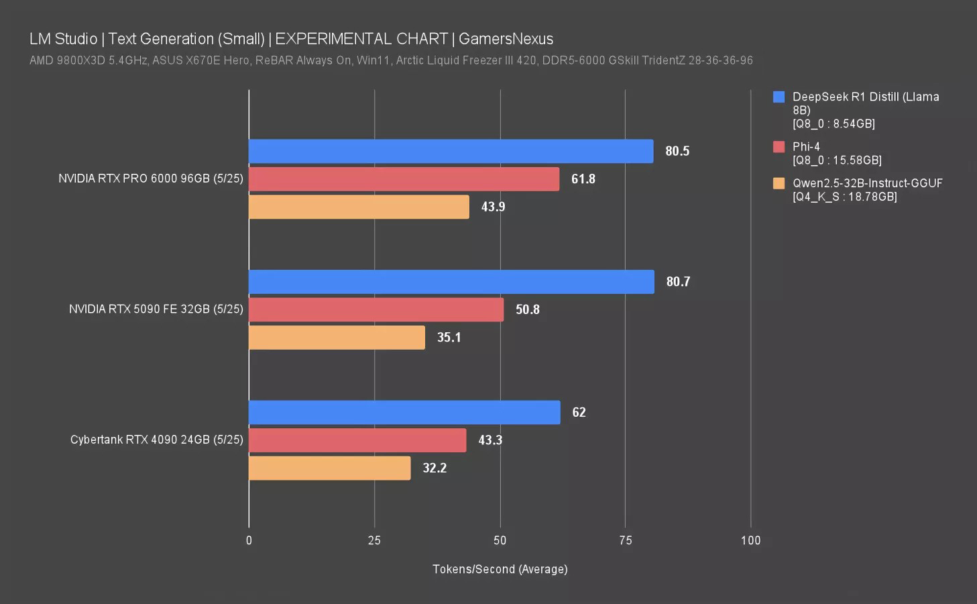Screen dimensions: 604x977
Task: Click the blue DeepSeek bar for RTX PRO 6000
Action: pyautogui.click(x=451, y=151)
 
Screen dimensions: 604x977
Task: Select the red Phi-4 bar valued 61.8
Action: pyautogui.click(x=404, y=179)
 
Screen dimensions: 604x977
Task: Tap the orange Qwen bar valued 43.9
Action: pyautogui.click(x=359, y=207)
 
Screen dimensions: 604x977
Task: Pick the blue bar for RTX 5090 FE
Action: pyautogui.click(x=451, y=282)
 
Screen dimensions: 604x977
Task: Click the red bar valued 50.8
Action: pyautogui.click(x=376, y=309)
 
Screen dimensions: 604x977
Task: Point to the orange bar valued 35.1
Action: pyautogui.click(x=337, y=338)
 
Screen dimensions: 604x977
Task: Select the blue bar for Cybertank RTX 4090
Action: pyautogui.click(x=404, y=412)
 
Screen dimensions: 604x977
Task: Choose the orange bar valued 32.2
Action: pyautogui.click(x=329, y=468)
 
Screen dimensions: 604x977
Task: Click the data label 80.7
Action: pyautogui.click(x=678, y=282)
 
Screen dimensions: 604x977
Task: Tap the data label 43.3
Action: pyautogui.click(x=490, y=440)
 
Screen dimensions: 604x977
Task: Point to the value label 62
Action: pyautogui.click(x=579, y=412)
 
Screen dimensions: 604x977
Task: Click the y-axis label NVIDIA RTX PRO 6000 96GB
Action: pyautogui.click(x=150, y=179)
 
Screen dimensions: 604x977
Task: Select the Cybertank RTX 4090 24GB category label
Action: pyautogui.click(x=156, y=440)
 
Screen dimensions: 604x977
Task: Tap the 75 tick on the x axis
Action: pyautogui.click(x=625, y=540)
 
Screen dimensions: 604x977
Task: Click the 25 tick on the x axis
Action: pyautogui.click(x=374, y=540)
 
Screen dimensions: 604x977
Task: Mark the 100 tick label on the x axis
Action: pyautogui.click(x=750, y=540)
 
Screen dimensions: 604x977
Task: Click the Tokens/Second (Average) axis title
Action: pyautogui.click(x=500, y=569)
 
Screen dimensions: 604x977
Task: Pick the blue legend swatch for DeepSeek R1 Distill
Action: pyautogui.click(x=779, y=97)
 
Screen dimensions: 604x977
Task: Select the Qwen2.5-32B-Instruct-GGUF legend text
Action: pyautogui.click(x=867, y=183)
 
